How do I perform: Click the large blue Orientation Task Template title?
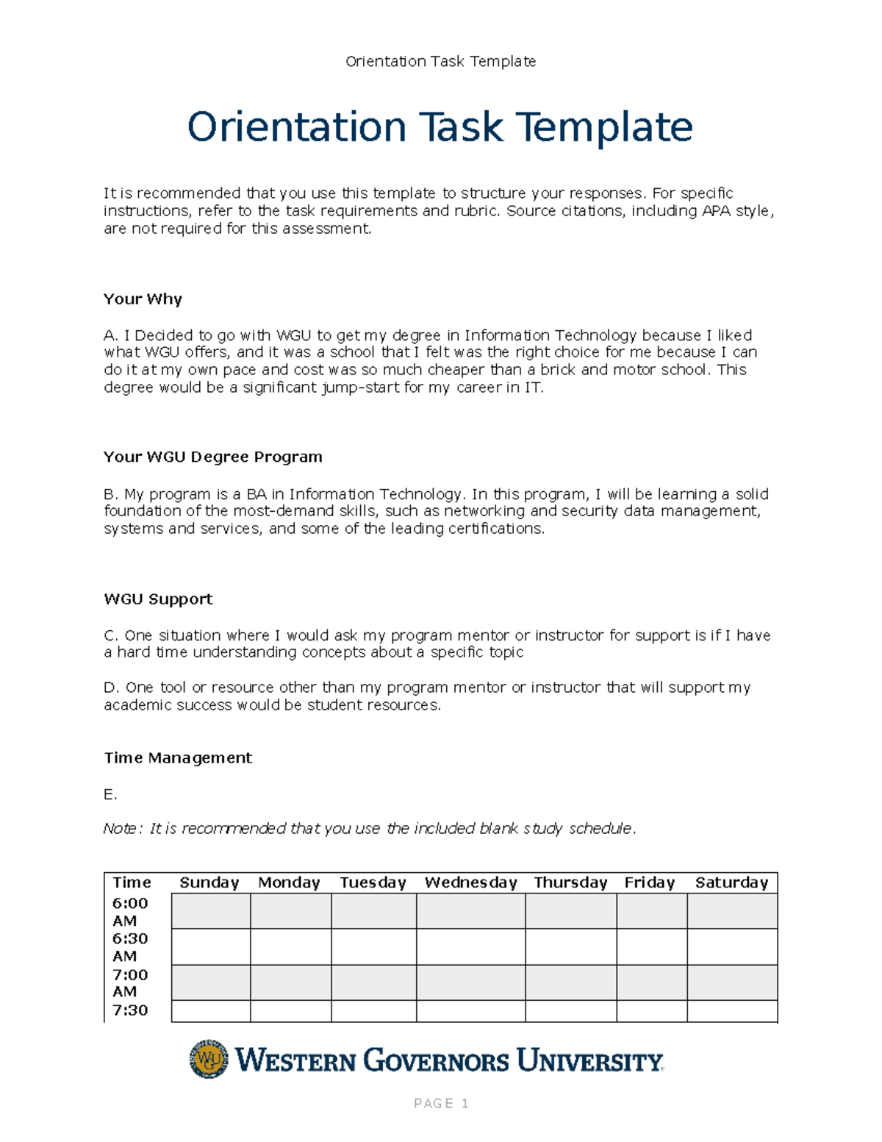(x=440, y=127)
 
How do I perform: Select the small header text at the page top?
(x=440, y=62)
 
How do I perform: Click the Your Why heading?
(x=143, y=299)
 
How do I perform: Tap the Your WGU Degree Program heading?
(x=213, y=457)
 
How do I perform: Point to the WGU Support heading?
(x=158, y=599)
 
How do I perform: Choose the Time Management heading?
(x=178, y=758)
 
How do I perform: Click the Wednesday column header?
(x=470, y=882)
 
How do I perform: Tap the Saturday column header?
(x=731, y=882)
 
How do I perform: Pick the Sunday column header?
(x=209, y=882)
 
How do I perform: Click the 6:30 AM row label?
(x=130, y=947)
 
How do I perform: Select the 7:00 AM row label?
(x=130, y=983)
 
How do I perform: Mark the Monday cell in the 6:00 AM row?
(x=290, y=911)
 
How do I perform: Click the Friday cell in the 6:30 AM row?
(x=651, y=947)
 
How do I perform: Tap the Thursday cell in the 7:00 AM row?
(x=570, y=983)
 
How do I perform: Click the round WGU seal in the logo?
(x=209, y=1060)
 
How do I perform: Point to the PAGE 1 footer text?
(x=441, y=1103)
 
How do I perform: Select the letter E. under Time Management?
(x=110, y=795)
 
